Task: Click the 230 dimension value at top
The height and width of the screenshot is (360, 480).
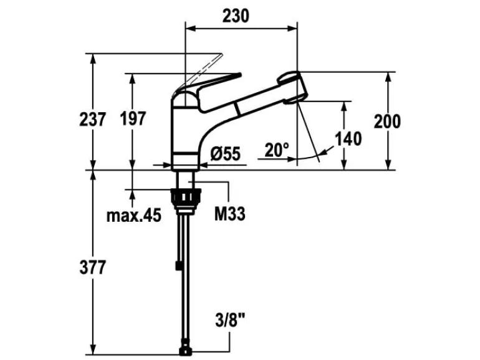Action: click(236, 16)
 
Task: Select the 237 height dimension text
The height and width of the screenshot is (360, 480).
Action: click(92, 120)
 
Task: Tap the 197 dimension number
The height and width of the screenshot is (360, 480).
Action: click(133, 119)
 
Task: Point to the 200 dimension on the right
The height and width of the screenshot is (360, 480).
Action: click(387, 121)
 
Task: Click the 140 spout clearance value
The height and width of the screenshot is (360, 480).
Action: click(348, 138)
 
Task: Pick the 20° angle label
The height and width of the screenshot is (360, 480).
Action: click(277, 149)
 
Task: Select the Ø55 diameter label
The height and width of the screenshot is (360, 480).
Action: click(226, 154)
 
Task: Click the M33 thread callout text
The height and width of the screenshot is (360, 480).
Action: click(229, 214)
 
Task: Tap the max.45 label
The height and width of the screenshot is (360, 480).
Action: click(134, 216)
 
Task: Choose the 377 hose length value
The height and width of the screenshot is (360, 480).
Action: click(92, 268)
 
